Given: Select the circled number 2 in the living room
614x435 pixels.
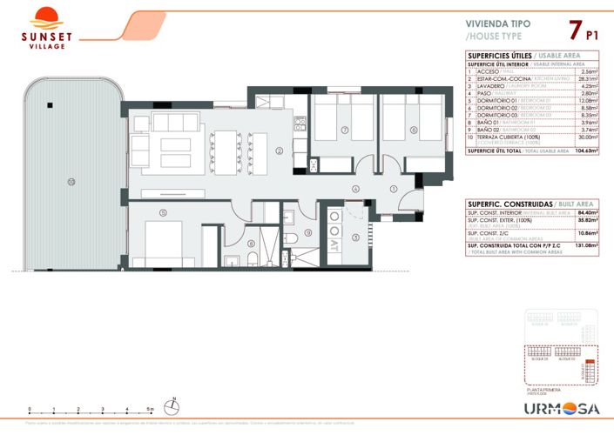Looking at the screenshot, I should [279, 151].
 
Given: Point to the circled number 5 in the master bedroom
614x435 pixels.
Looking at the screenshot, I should [163, 211].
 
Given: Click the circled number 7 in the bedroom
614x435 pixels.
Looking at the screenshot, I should [345, 130].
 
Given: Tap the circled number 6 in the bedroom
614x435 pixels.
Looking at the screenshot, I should [414, 130].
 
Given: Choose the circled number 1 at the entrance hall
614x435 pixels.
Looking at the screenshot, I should [394, 189].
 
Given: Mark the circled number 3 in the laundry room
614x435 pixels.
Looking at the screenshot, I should [355, 237].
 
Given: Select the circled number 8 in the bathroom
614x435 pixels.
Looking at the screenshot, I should [251, 244].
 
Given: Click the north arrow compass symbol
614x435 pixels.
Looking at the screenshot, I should [174, 406].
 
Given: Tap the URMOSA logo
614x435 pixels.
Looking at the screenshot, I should [560, 409].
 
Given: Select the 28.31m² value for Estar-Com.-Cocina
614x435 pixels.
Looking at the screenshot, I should [586, 78].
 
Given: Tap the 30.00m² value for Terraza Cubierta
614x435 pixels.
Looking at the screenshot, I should [586, 137].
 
